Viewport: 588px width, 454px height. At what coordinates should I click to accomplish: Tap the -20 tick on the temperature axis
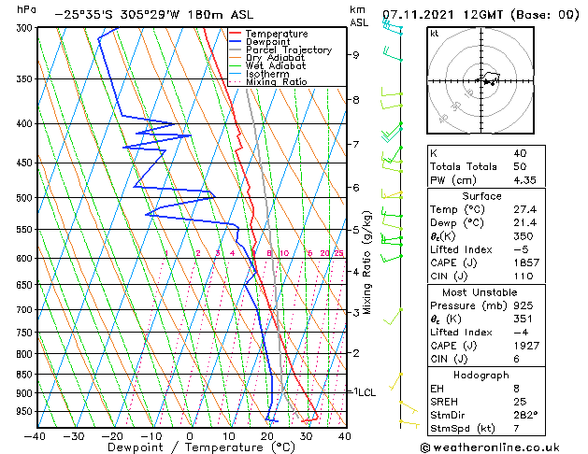pyautogui.click(x=112, y=435)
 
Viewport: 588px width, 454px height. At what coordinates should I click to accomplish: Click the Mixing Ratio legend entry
pyautogui.click(x=276, y=82)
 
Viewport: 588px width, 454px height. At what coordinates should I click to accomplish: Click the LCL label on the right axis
pyautogui.click(x=366, y=392)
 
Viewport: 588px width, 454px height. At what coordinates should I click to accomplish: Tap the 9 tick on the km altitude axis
pyautogui.click(x=356, y=55)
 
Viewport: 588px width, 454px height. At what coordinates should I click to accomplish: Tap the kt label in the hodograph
pyautogui.click(x=435, y=33)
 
